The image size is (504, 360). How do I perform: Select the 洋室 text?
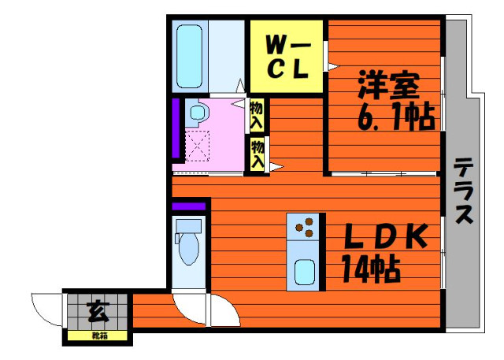pyautogui.click(x=387, y=85)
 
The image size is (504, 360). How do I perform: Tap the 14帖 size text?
pyautogui.click(x=370, y=270)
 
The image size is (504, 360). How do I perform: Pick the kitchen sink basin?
pyautogui.click(x=303, y=272)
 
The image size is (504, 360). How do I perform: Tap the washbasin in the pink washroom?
pyautogui.click(x=195, y=113)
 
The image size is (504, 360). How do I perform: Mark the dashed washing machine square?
pyautogui.click(x=196, y=146)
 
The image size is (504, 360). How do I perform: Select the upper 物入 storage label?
pyautogui.click(x=257, y=116)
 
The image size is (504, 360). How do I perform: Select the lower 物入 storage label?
pyautogui.click(x=257, y=154)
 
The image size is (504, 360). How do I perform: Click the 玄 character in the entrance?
pyautogui.click(x=98, y=310)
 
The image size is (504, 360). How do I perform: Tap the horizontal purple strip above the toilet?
pyautogui.click(x=189, y=206)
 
